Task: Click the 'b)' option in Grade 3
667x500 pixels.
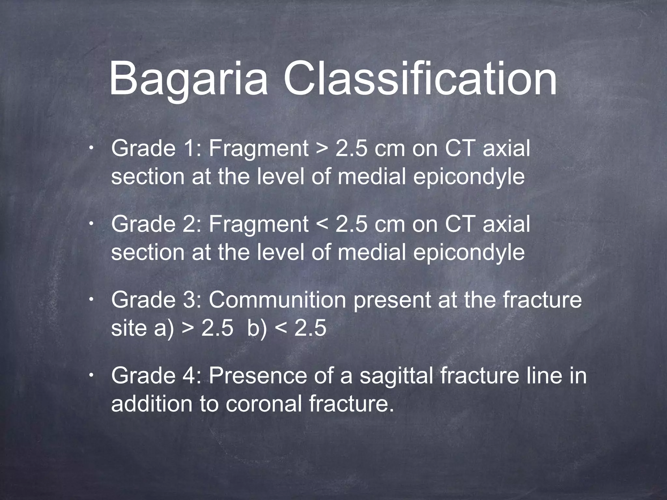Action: [257, 328]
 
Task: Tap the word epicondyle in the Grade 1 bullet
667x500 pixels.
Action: [469, 177]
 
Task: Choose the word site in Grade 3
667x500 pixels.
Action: [129, 328]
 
